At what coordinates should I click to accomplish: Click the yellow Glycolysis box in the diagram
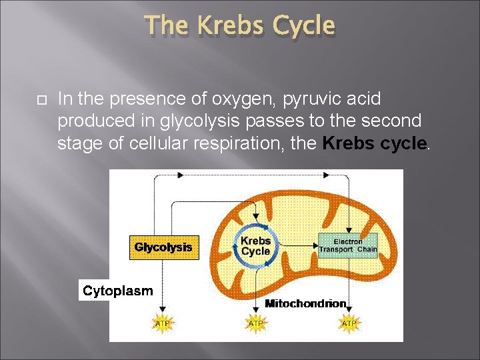[x=163, y=247]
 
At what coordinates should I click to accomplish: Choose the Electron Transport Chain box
[x=347, y=246]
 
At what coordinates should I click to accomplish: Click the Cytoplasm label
[x=117, y=291]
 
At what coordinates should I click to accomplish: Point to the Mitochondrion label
[x=305, y=304]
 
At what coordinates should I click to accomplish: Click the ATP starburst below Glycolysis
[x=162, y=323]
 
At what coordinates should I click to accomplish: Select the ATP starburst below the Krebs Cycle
[x=255, y=323]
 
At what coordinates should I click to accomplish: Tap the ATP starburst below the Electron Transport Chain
[x=349, y=323]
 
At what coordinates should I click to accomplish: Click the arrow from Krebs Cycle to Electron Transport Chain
[x=297, y=246]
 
